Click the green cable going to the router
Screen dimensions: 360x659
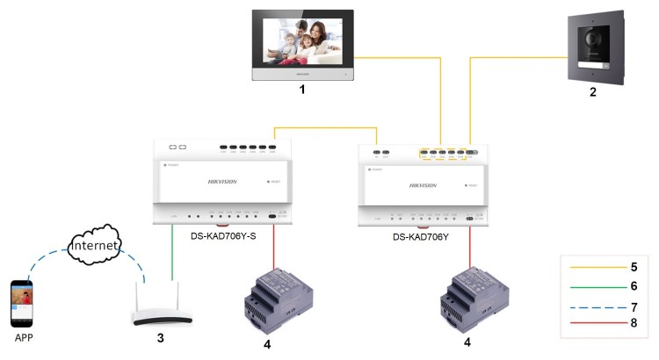tap(171, 255)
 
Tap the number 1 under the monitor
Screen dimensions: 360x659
tap(302, 90)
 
